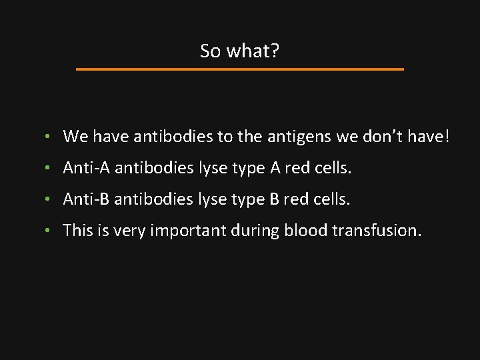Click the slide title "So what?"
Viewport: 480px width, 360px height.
tap(239, 51)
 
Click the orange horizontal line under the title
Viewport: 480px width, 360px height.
tap(239, 69)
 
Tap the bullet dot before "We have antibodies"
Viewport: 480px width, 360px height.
tap(49, 138)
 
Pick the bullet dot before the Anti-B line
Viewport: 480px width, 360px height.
tap(49, 200)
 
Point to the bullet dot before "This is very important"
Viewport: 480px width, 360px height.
tap(49, 231)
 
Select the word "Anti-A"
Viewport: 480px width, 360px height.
tap(87, 168)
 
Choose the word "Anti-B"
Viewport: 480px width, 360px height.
tap(87, 199)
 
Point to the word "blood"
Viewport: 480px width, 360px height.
tap(304, 230)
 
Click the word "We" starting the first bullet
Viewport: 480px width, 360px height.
tap(75, 137)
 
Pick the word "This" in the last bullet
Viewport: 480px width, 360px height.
tap(77, 230)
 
